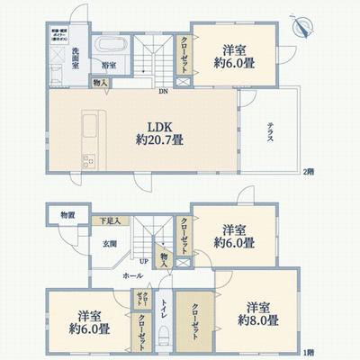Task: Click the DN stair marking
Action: click(163, 92)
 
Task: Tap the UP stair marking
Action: click(144, 261)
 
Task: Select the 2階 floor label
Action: click(309, 171)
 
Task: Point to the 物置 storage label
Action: click(67, 216)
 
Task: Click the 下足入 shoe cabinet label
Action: click(109, 220)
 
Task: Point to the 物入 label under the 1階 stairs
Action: click(164, 258)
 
